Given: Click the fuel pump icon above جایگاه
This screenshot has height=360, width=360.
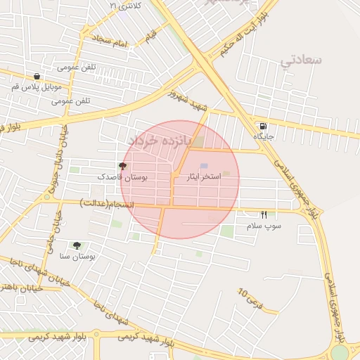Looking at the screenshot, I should coord(262,127).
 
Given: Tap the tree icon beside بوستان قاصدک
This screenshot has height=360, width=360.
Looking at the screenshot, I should coord(123,167).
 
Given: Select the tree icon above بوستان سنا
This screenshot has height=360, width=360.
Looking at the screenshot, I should coord(77,245).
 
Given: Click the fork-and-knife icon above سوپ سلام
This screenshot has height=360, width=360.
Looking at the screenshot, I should coord(264,214).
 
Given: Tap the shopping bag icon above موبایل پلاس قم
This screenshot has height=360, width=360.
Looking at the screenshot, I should coord(37,77).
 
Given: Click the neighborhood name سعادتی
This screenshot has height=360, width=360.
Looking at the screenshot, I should coord(301,60).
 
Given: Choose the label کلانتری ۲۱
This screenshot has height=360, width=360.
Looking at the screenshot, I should coord(125,6).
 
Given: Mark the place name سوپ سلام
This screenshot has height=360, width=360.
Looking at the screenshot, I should coord(264,226).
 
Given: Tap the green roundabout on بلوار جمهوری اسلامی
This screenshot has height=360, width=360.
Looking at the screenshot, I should coord(340,352).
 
